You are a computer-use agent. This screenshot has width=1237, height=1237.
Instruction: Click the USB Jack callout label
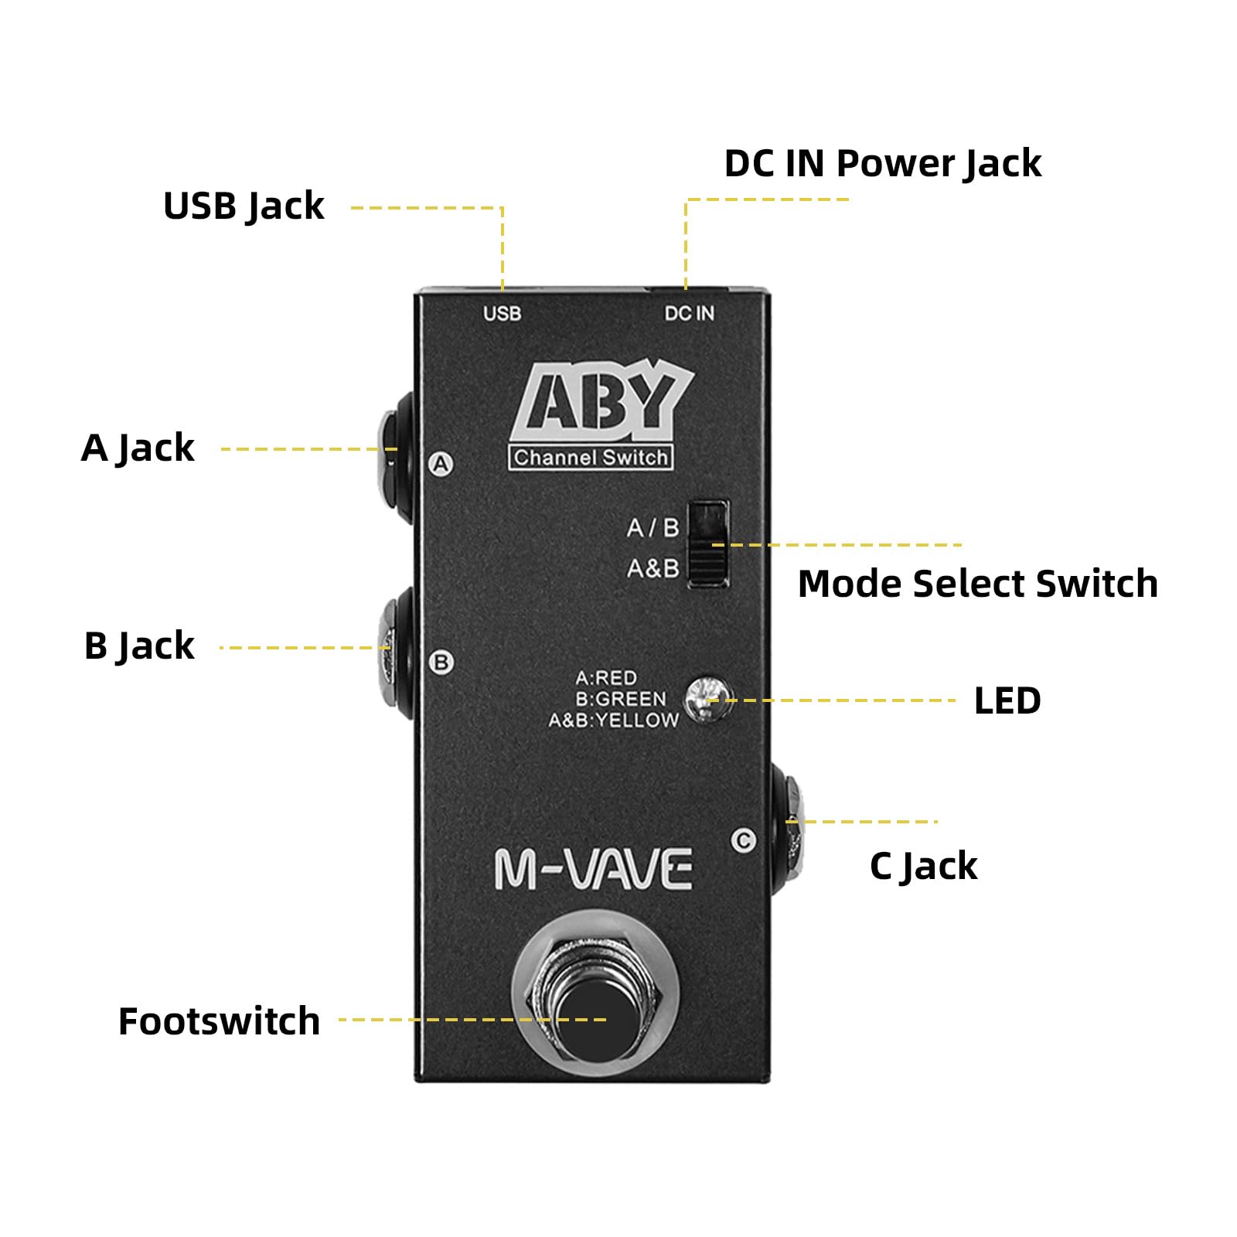pos(244,206)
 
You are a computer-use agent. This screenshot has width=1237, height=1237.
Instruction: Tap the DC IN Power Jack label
pos(882,164)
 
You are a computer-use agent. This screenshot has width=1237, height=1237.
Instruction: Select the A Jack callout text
pos(138,448)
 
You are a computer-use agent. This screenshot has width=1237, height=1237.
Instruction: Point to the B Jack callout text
pos(139,646)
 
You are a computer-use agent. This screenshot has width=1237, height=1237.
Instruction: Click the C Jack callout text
pos(923,866)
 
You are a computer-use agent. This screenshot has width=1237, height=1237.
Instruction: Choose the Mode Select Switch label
pos(977,584)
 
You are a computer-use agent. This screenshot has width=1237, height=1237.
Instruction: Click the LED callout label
pos(1007,701)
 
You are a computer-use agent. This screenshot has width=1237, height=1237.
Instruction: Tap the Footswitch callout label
pos(219,1021)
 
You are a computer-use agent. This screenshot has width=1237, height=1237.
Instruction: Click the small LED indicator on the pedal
pos(706,699)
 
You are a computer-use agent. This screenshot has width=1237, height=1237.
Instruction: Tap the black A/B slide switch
pos(708,544)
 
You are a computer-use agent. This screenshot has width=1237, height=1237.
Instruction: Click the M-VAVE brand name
pos(593,870)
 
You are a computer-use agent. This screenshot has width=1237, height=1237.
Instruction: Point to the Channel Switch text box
pos(591,458)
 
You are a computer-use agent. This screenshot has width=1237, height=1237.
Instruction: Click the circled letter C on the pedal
pos(744,840)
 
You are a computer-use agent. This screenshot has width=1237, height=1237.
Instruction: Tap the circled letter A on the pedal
pos(441,464)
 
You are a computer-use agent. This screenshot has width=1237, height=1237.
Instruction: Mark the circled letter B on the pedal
pos(441,663)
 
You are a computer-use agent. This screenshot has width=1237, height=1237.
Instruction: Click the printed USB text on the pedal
pos(502,314)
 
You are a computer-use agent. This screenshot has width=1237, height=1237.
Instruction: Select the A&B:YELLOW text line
pos(613,721)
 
